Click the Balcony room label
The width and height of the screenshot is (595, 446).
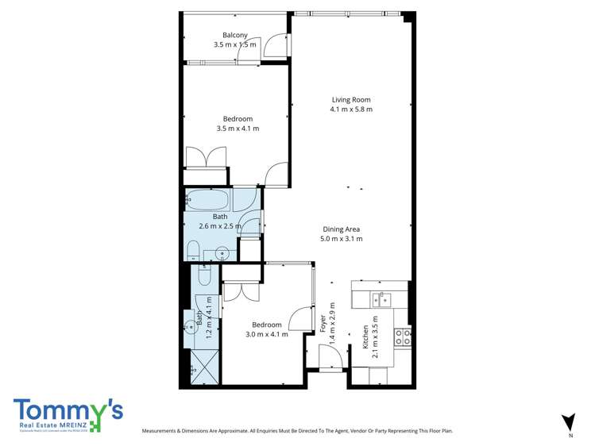234,35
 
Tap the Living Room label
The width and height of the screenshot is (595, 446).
351,100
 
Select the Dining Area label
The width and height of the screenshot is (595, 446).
341,229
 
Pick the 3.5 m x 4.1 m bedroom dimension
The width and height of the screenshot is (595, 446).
238,129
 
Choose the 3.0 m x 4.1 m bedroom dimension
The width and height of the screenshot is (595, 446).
266,334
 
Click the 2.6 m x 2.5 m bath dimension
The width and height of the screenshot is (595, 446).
219,225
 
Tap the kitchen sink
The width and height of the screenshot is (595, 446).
382,299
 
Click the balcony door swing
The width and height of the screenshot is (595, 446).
276,44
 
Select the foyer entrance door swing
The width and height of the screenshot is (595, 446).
330,356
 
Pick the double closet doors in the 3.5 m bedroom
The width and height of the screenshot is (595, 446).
206,157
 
